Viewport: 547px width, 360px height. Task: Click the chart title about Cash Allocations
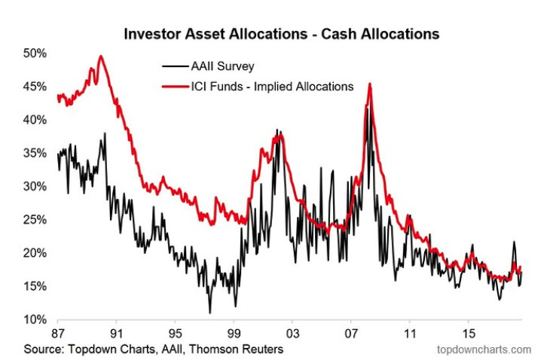(282, 34)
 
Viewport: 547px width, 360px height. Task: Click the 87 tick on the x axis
(57, 333)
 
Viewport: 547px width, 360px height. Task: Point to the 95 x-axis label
(175, 333)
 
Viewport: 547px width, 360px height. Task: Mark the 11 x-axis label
(409, 333)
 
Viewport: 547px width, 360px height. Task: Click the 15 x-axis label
(468, 333)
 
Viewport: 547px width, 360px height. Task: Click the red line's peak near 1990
(101, 56)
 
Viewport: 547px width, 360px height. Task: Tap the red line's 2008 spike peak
(369, 84)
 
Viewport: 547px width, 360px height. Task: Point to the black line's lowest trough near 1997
(210, 312)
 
